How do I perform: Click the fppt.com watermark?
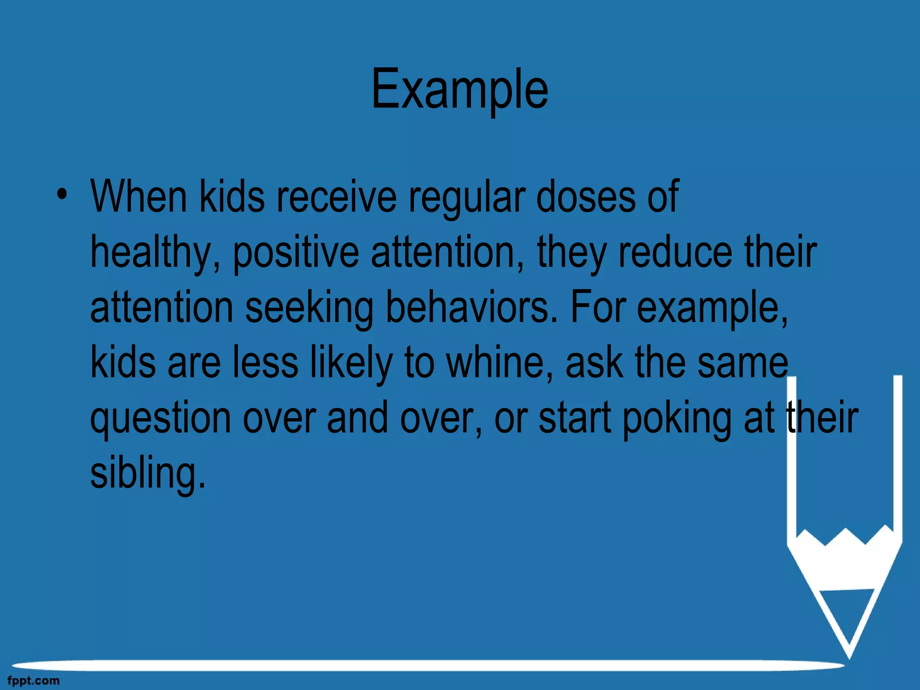(x=33, y=681)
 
